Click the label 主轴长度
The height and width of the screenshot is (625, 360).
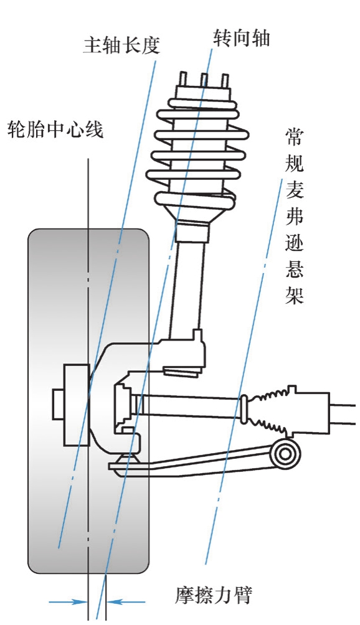click(x=121, y=45)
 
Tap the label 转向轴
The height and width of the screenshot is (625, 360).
click(x=241, y=38)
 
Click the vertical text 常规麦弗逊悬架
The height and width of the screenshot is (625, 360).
click(x=295, y=217)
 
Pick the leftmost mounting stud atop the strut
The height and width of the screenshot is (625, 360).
click(x=183, y=79)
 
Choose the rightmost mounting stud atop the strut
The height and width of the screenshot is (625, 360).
click(x=225, y=80)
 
